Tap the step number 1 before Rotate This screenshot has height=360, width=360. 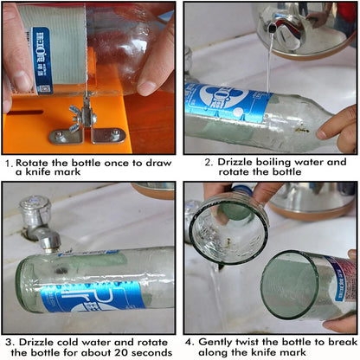click(x=8, y=162)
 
